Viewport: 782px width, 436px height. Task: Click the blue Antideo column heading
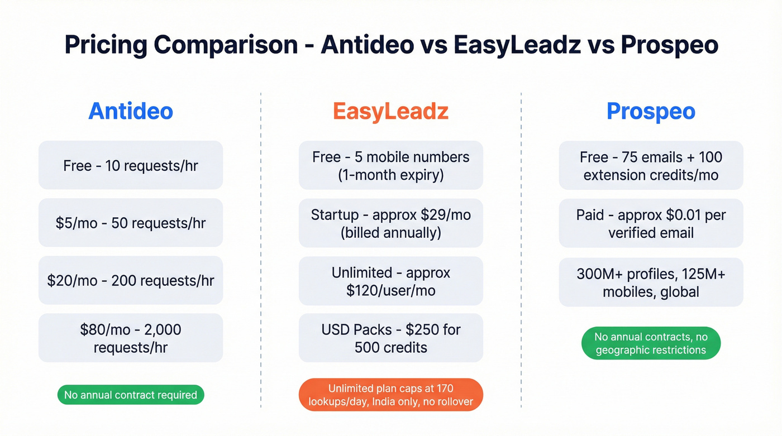tap(131, 111)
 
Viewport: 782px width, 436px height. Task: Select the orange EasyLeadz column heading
tap(390, 111)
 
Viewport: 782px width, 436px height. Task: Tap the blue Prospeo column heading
tap(651, 111)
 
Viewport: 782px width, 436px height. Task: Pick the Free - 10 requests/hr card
tap(131, 165)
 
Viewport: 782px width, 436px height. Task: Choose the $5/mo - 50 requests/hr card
tap(131, 223)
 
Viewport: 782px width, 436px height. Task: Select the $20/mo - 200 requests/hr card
tap(131, 280)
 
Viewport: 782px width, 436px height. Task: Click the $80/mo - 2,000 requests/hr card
tap(131, 338)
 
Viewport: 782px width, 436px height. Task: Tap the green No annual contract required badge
tap(131, 395)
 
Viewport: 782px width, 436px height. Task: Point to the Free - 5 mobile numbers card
tap(390, 165)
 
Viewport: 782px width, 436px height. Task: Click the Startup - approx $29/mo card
tap(390, 223)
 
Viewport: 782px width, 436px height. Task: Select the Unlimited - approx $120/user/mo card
tap(390, 281)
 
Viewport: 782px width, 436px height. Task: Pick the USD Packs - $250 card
tap(390, 338)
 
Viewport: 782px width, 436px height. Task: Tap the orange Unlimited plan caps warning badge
tap(390, 395)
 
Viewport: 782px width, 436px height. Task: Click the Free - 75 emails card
tap(651, 165)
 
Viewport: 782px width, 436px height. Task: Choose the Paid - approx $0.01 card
tap(651, 223)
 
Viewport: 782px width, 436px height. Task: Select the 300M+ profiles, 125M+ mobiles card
tap(651, 282)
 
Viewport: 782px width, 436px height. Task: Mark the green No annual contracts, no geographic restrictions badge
tap(651, 343)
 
